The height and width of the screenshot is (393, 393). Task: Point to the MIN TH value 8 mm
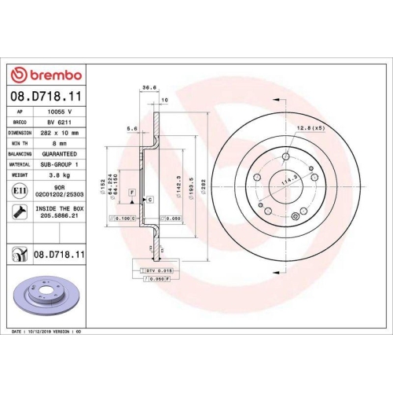[61, 144]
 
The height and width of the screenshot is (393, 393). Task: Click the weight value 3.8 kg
[61, 175]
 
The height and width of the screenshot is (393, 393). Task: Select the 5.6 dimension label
[132, 128]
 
